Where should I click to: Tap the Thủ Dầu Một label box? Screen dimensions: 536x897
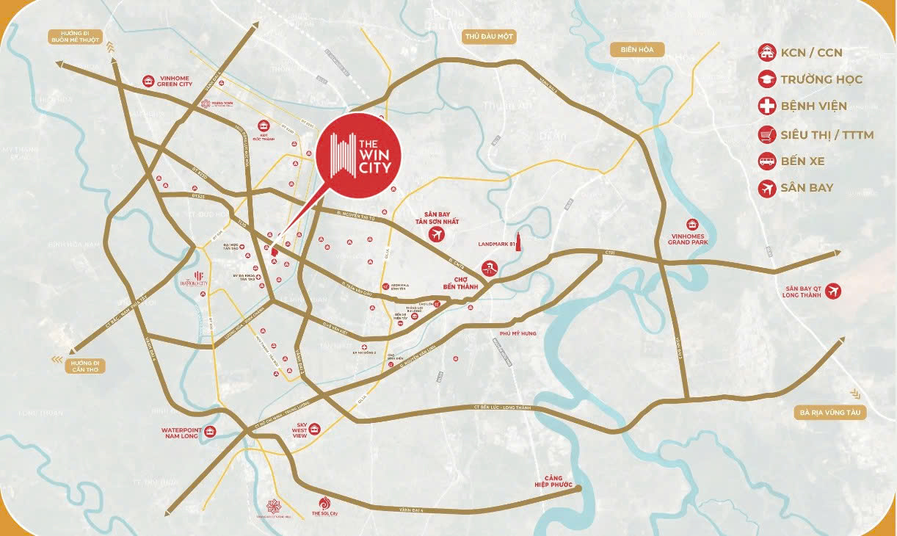pos(490,36)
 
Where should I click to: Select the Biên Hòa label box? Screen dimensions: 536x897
pos(636,50)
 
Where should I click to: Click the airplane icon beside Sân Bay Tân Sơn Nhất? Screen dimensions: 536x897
pos(437,234)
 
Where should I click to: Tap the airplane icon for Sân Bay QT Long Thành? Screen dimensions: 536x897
pos(832,291)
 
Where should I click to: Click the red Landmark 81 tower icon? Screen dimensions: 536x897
pos(517,242)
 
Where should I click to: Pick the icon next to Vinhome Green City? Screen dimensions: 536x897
pos(149,81)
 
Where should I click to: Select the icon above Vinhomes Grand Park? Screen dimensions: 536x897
pos(691,225)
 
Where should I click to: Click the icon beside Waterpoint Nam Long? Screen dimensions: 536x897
pos(211,431)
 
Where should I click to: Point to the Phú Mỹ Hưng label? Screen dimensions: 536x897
pos(519,333)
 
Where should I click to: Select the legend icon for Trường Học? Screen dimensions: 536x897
pos(767,79)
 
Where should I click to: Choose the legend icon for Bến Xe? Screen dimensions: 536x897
pos(767,161)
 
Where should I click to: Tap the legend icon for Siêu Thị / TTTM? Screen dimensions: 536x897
pos(767,134)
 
